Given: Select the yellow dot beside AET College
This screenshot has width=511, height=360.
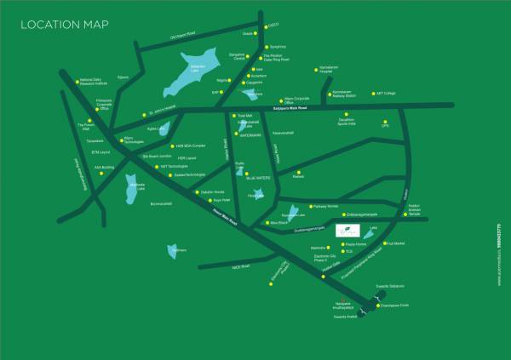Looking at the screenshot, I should (370, 94).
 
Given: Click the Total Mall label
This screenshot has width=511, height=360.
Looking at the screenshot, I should (245, 115).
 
